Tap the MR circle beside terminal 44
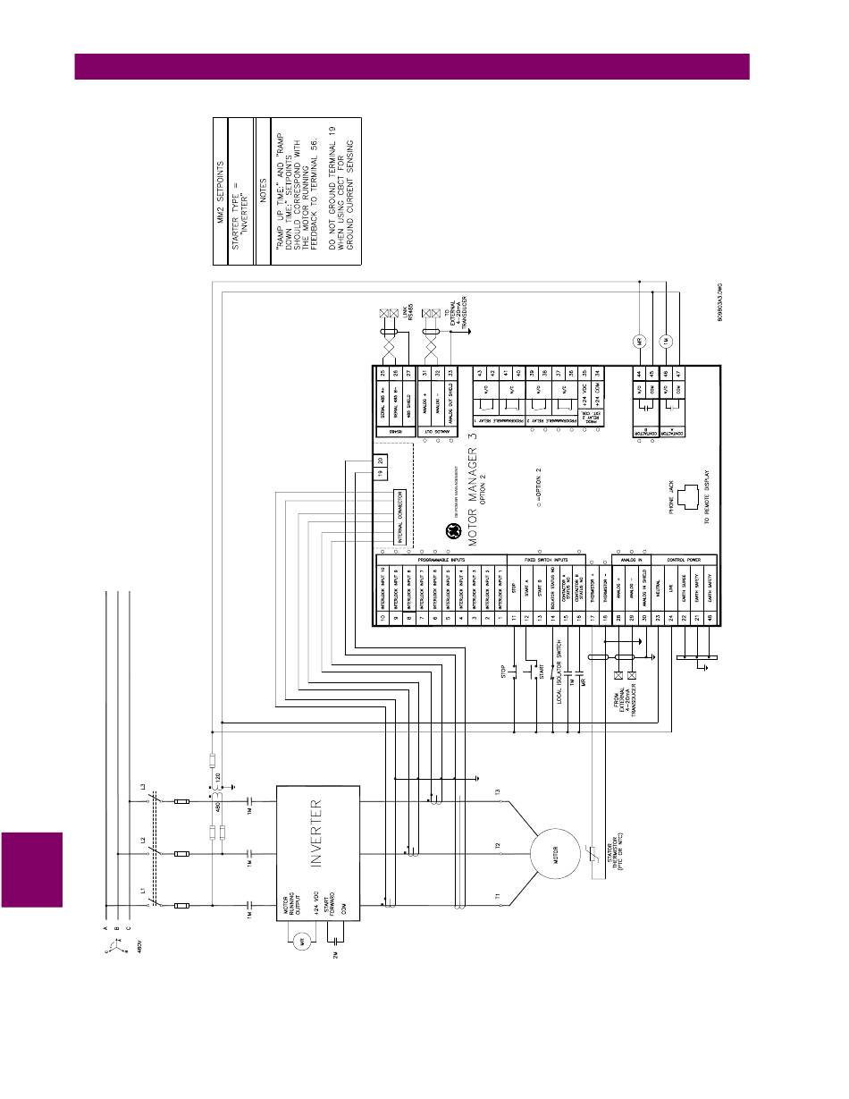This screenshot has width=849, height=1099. click(640, 342)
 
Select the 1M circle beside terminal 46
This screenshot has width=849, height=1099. click(665, 342)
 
